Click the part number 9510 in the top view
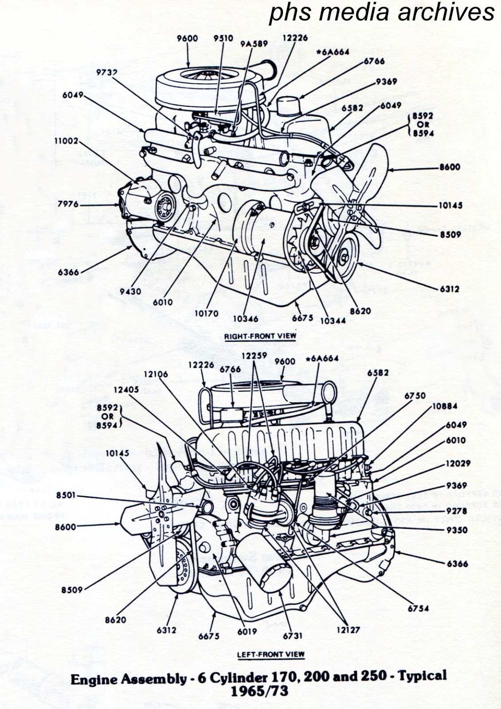(x=223, y=39)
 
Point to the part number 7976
(x=68, y=204)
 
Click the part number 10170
(x=206, y=313)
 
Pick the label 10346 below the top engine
(x=245, y=318)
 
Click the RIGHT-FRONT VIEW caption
(x=260, y=336)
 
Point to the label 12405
(x=126, y=390)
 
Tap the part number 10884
(x=444, y=406)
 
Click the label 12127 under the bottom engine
(x=348, y=629)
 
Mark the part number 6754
(x=418, y=608)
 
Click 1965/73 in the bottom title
(x=259, y=690)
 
